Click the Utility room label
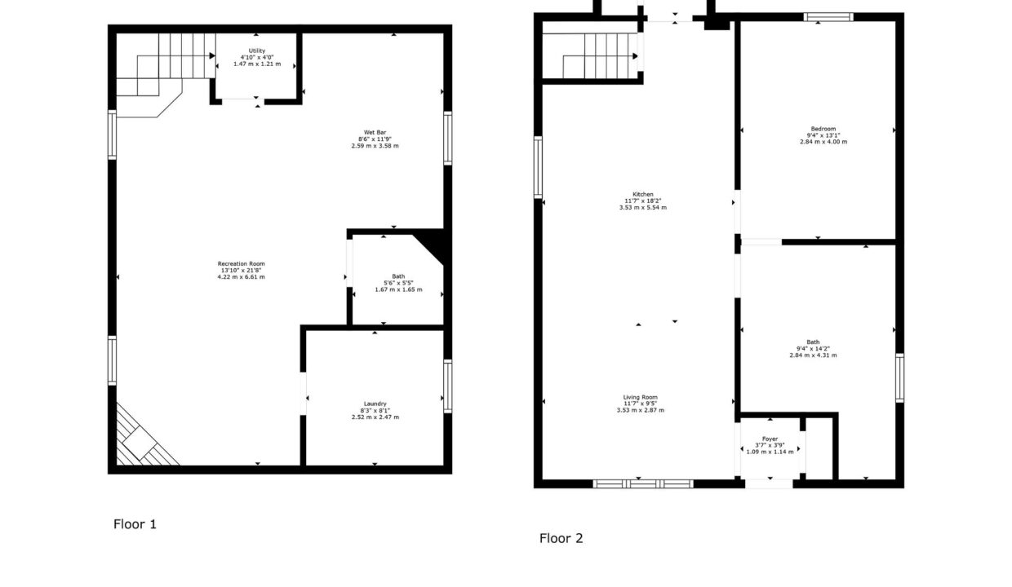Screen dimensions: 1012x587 [256, 51]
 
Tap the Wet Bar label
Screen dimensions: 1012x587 [375, 132]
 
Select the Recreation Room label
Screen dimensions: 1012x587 [242, 263]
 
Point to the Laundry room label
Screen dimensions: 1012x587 [375, 404]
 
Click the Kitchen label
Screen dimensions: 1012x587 [642, 195]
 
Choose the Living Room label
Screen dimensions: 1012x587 [640, 398]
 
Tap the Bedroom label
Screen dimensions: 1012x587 [823, 129]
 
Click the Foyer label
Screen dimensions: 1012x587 [770, 439]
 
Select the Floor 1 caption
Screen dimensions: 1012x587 [135, 524]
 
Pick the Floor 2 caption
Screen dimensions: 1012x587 [561, 538]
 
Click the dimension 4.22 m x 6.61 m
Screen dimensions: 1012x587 [242, 277]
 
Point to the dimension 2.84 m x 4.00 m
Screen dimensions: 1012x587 [823, 142]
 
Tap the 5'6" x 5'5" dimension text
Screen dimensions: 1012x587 [398, 283]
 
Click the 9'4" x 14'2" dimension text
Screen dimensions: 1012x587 [813, 349]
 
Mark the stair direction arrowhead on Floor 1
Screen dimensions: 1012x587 [212, 56]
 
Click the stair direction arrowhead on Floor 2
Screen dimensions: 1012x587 [635, 56]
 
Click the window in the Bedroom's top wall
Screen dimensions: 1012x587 [828, 17]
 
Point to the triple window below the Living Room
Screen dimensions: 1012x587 [643, 484]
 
